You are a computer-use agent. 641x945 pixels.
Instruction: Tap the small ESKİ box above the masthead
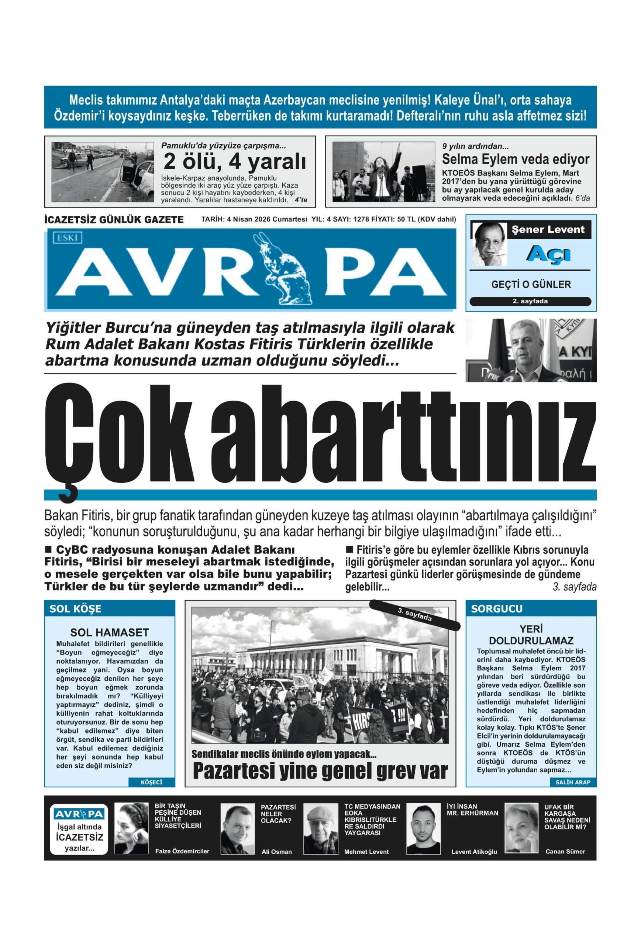coord(67,237)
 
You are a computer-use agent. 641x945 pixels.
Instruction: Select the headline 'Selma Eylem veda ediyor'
coord(515,159)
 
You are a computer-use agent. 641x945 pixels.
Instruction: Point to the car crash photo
coord(103,172)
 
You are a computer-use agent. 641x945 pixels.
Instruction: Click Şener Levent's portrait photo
coord(489,244)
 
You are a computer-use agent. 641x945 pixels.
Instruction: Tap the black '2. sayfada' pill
coord(530,301)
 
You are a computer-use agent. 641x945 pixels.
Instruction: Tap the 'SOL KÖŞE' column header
coord(75,609)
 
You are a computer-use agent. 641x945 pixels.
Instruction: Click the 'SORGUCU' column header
coord(496,609)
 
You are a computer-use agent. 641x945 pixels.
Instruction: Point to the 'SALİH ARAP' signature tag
coord(572,782)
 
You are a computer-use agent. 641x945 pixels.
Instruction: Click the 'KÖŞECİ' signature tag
coord(151,782)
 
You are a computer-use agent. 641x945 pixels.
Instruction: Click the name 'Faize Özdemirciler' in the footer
coord(182,851)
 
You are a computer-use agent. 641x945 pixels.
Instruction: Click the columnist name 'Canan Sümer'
coord(565,852)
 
